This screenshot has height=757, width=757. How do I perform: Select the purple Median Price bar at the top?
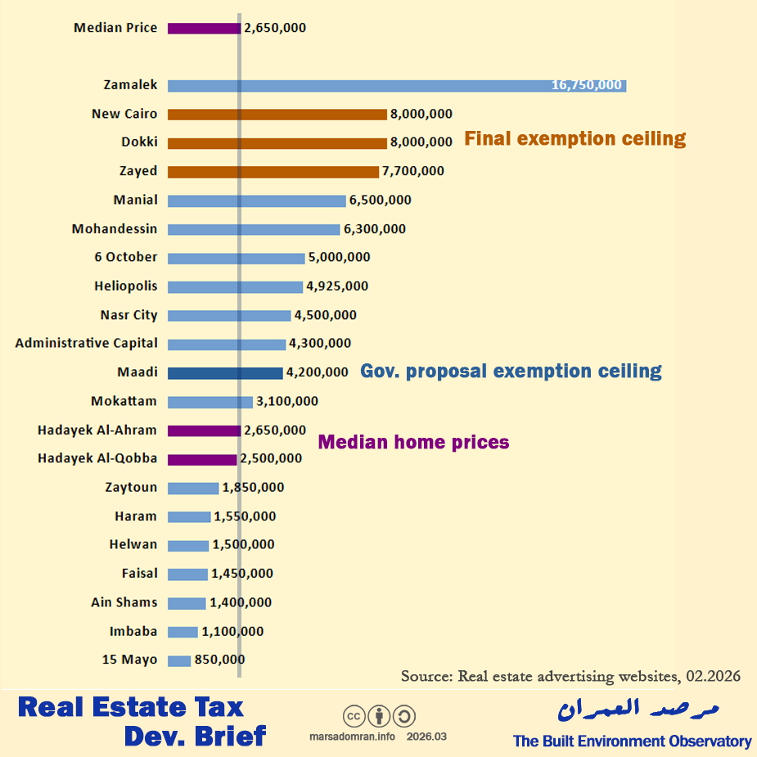pyautogui.click(x=204, y=28)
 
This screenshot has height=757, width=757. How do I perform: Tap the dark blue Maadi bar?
pyautogui.click(x=225, y=372)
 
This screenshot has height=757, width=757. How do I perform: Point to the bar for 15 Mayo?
pyautogui.click(x=179, y=660)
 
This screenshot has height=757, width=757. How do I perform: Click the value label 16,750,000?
pyautogui.click(x=588, y=85)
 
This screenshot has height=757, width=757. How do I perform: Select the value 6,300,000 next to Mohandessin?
pyautogui.click(x=374, y=229)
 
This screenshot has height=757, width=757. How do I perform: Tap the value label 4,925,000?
pyautogui.click(x=336, y=286)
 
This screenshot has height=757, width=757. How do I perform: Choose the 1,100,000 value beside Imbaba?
pyautogui.click(x=232, y=632)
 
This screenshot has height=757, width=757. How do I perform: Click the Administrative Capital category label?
pyautogui.click(x=87, y=344)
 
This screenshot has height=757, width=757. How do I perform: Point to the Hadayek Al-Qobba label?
pyautogui.click(x=97, y=459)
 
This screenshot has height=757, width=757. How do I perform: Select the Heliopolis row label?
pyautogui.click(x=126, y=286)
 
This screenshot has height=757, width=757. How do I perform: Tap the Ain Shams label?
pyautogui.click(x=124, y=602)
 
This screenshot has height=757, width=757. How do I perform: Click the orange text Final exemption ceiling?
pyautogui.click(x=575, y=138)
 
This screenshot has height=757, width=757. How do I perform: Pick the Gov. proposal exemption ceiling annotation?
pyautogui.click(x=511, y=372)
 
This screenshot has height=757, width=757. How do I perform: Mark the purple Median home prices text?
pyautogui.click(x=413, y=443)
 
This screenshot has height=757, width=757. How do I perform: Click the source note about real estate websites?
pyautogui.click(x=570, y=676)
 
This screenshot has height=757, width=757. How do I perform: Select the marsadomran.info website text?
pyautogui.click(x=353, y=737)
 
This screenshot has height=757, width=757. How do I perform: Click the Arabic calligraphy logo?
pyautogui.click(x=639, y=709)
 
